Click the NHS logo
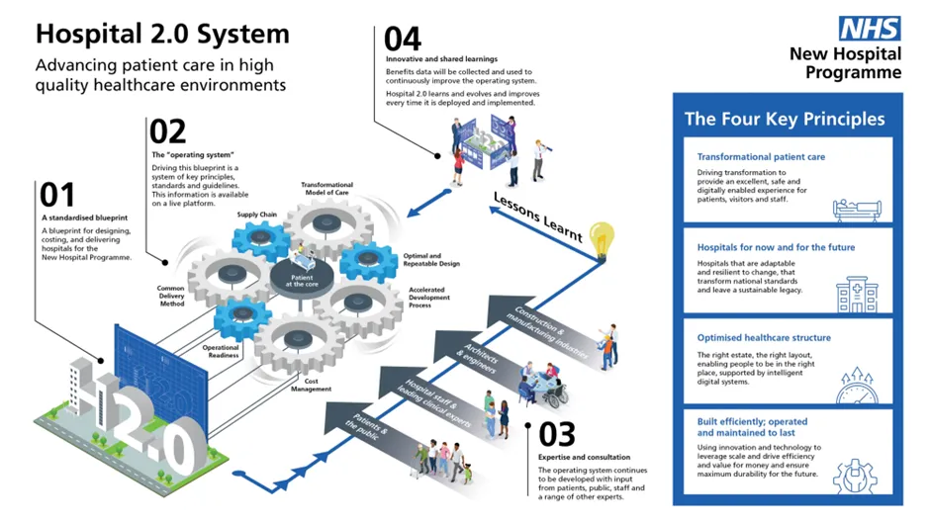(x=871, y=28)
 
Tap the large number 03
(x=557, y=435)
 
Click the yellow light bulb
(x=601, y=238)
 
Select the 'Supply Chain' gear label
(x=254, y=214)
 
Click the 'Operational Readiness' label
(x=221, y=352)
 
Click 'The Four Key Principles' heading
(x=785, y=119)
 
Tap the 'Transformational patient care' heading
(x=761, y=157)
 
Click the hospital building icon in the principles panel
(x=856, y=293)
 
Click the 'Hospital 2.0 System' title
(x=162, y=34)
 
